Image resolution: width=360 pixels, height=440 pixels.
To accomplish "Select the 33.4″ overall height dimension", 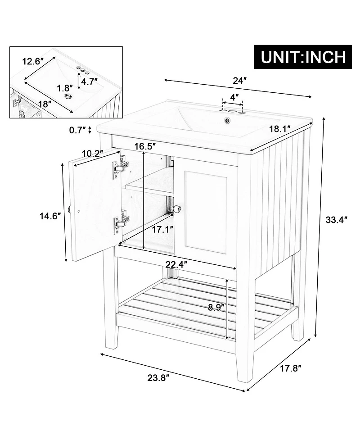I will pyautogui.click(x=337, y=220).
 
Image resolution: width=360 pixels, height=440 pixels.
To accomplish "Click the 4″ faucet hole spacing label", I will pyautogui.click(x=234, y=97).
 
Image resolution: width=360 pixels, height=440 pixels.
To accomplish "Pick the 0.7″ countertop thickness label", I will pyautogui.click(x=78, y=130).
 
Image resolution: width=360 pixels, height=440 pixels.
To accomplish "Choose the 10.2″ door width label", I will pyautogui.click(x=92, y=153).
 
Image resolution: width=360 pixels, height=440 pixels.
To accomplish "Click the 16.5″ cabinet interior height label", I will pyautogui.click(x=145, y=146).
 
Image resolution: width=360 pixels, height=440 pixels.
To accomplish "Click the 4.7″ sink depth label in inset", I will pyautogui.click(x=91, y=82).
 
